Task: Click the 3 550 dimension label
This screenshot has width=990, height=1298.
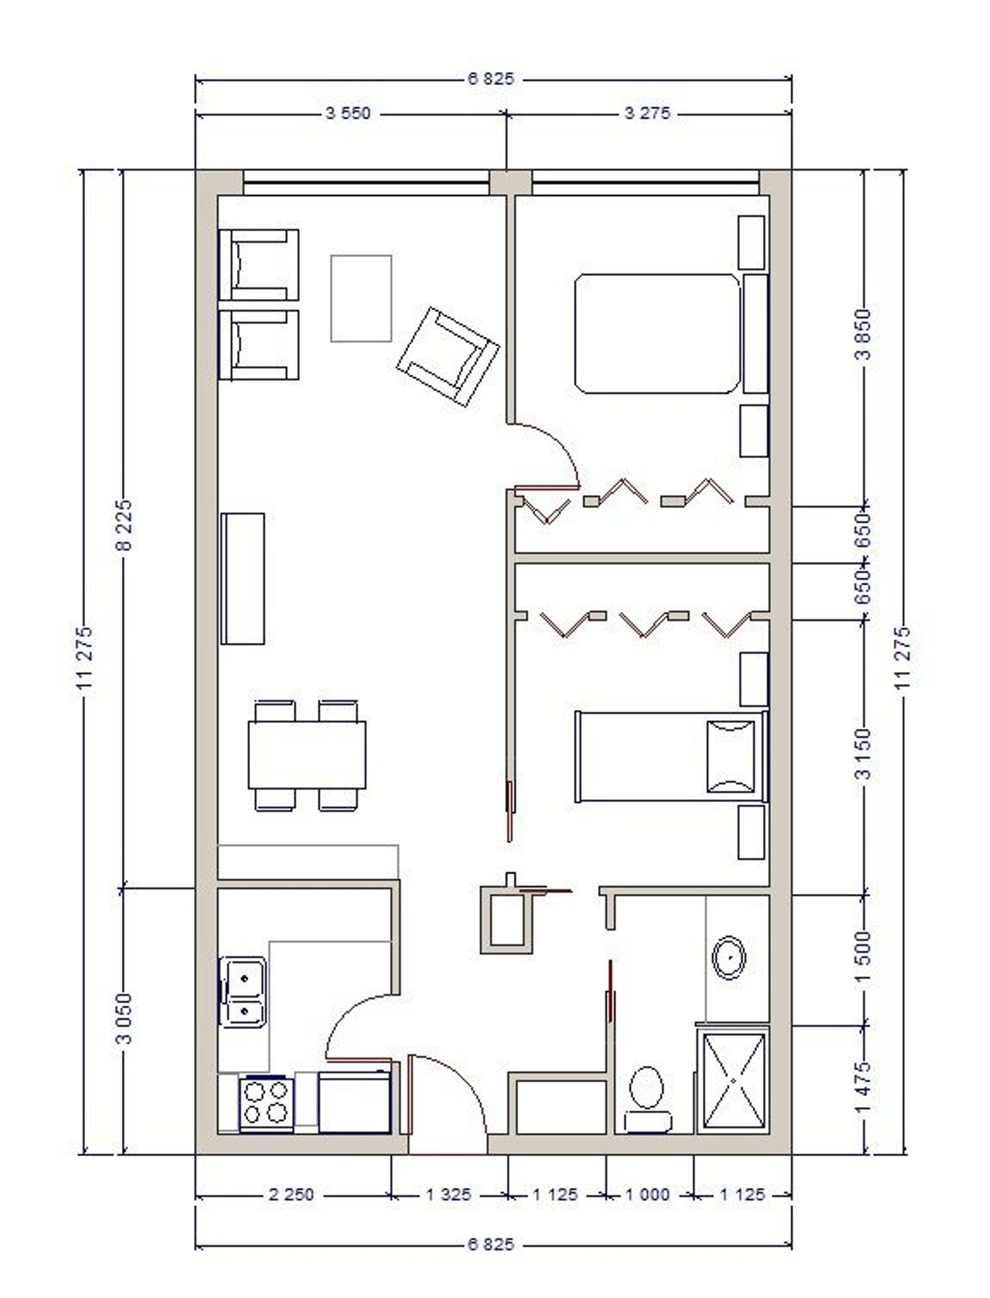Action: (x=348, y=114)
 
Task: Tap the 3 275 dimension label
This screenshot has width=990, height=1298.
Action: (x=647, y=114)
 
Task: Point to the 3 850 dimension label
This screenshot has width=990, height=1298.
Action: (x=864, y=333)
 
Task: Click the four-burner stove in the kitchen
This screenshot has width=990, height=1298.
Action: (x=267, y=1104)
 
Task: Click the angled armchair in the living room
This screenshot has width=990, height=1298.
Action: (x=448, y=355)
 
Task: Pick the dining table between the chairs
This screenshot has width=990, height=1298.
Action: (x=307, y=755)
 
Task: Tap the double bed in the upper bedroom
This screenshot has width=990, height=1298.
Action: (x=657, y=333)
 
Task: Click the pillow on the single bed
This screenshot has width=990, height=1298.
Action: (x=731, y=757)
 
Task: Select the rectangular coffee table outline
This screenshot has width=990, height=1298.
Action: (x=361, y=298)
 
